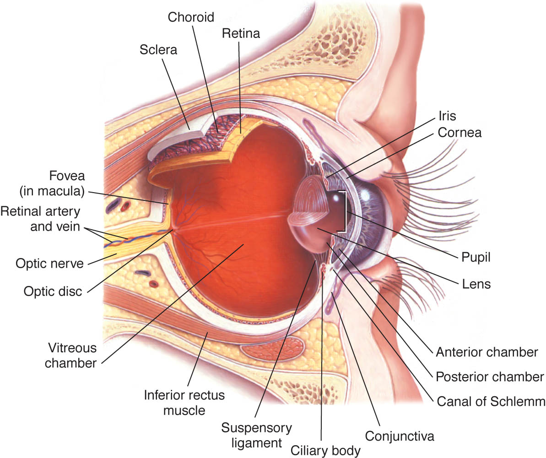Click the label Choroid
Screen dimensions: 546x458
pos(191,17)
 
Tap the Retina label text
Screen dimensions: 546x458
pos(241,33)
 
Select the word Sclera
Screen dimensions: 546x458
pos(158,50)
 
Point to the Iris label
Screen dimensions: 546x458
pos(447,116)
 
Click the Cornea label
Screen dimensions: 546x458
pos(460,133)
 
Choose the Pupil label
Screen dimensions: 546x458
pos(476,258)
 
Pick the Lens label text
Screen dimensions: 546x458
pos(476,284)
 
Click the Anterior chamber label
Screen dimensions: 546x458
pos(487,352)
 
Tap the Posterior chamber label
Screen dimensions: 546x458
pos(490,377)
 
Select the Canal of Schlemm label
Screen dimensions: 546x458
pos(491,402)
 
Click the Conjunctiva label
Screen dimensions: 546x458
pos(400,436)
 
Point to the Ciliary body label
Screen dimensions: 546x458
pos(325,451)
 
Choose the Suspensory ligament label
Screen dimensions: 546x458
pos(257,436)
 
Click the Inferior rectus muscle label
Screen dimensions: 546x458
pos(184,403)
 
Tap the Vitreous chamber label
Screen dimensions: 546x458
pos(71,356)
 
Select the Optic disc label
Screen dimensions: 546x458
pos(53,291)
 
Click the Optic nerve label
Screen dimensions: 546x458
pos(50,264)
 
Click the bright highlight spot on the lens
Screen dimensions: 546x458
pos(336,199)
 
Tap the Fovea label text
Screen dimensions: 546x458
pos(52,183)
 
